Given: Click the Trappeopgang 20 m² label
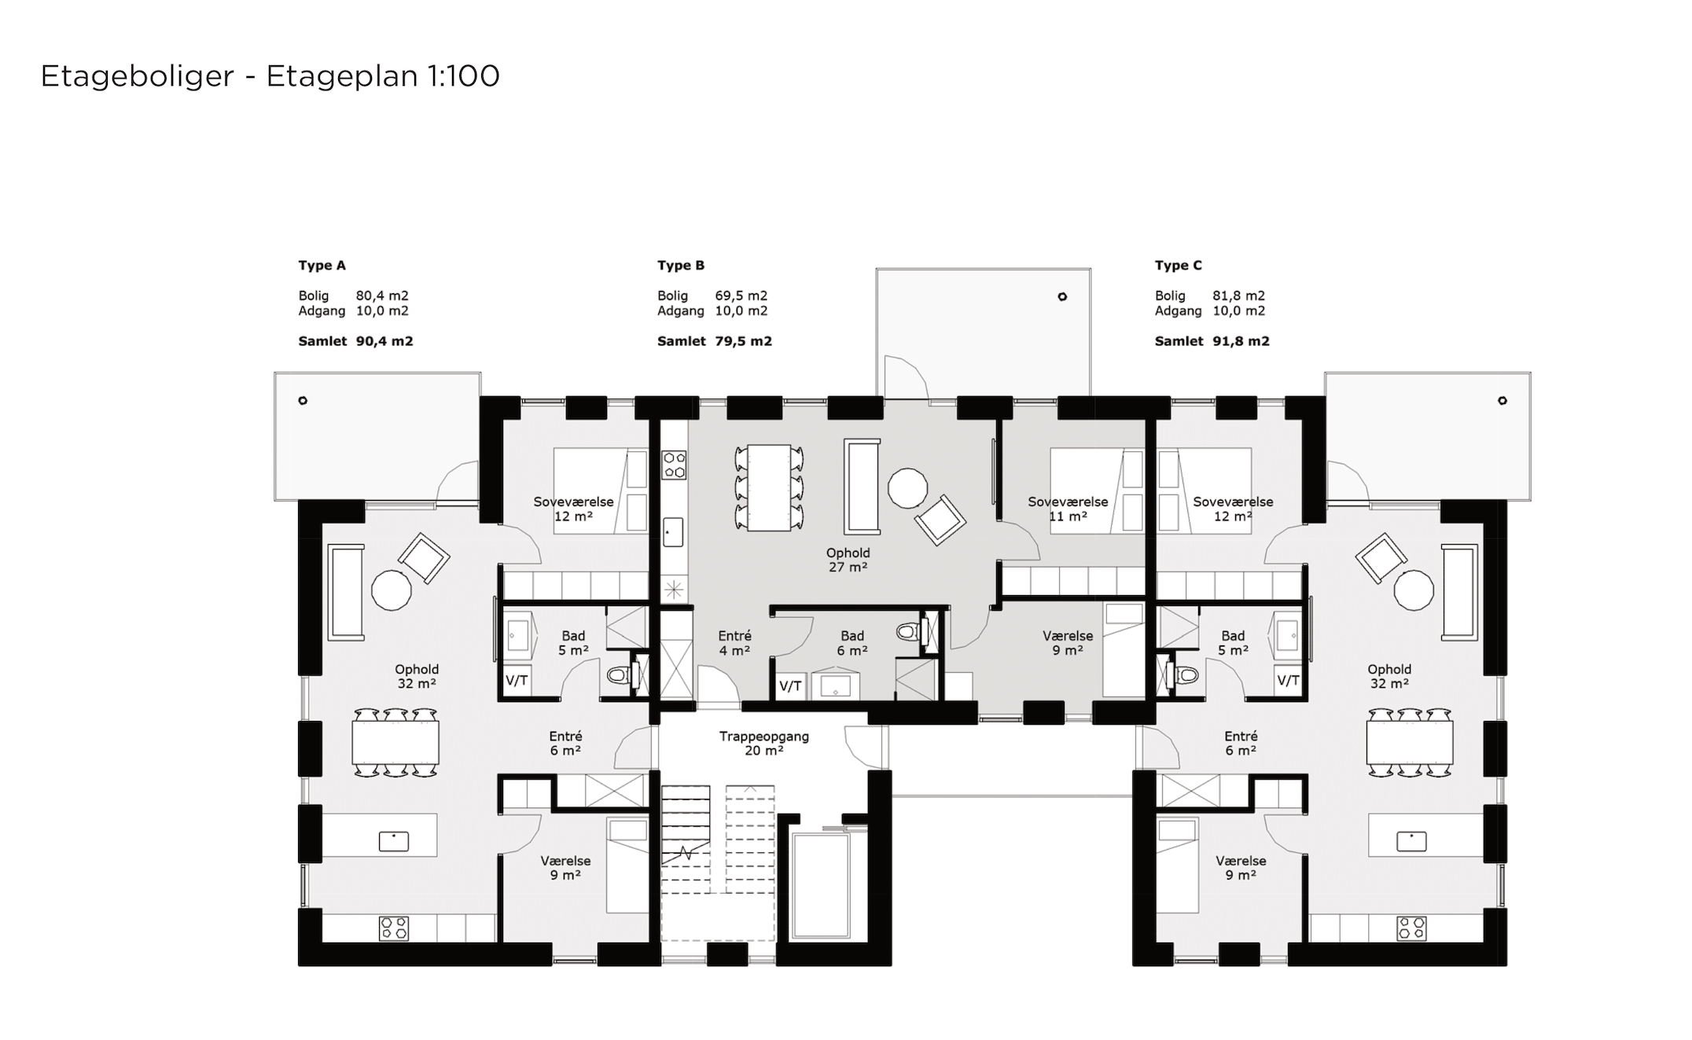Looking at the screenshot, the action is pos(763,744).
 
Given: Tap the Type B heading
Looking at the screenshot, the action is pos(681,266).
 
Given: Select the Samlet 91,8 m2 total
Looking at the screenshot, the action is pos(1212,341).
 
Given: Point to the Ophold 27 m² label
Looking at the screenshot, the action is pos(848,560).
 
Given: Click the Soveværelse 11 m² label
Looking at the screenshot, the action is pos(1068,509).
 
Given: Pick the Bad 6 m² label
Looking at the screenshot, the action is pos(852,643).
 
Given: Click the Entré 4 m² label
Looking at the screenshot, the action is pos(734,643).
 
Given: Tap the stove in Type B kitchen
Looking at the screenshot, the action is pos(674,464).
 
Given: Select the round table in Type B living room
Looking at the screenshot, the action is pos(908,488).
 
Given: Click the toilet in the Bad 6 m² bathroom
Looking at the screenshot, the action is pos(910,631).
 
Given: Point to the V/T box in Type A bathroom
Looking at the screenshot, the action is pos(517,681).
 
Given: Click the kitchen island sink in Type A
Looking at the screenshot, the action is pos(394,841).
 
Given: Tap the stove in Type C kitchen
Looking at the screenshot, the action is pos(1412,928).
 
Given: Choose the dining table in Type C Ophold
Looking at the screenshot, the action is pos(1410,743).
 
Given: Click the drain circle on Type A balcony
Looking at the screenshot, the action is pos(303,401).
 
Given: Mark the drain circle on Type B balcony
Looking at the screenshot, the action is pos(1062,297).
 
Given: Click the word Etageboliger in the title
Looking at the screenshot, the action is pos(138,77).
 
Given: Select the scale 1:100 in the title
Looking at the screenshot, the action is pos(464,76).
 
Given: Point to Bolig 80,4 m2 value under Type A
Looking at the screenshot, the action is pos(382,296).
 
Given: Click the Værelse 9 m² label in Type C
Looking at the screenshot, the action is pos(1241,868).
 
